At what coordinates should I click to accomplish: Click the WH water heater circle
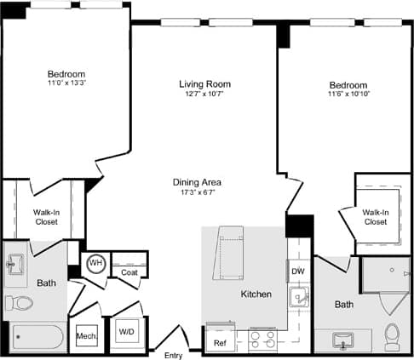[96, 263]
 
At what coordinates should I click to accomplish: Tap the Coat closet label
[129, 272]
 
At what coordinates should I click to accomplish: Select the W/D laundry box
[126, 331]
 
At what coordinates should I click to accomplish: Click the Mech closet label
[86, 336]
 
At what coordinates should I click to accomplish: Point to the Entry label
[173, 355]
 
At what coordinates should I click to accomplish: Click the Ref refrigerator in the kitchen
[220, 342]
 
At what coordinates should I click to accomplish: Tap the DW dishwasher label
[297, 271]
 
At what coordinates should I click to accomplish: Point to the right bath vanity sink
[344, 340]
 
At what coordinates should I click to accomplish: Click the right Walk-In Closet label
[375, 216]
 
